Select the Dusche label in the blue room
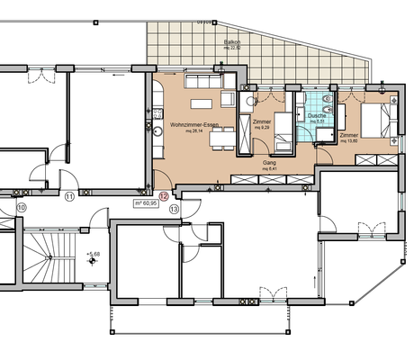coord(316,115)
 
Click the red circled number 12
coord(163,195)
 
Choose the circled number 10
coord(22,206)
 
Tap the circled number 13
coord(174,208)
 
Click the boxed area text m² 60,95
coord(145,204)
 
